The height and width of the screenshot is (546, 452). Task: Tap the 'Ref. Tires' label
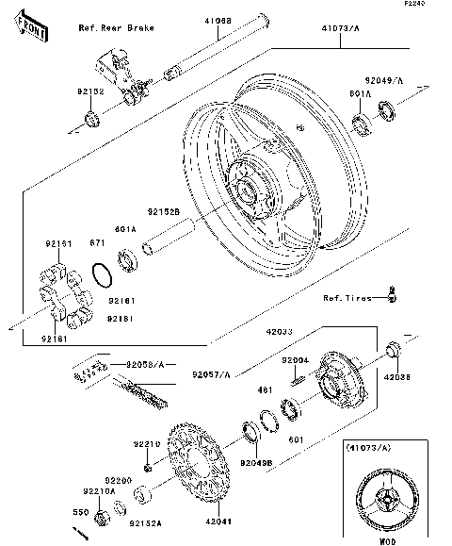pyautogui.click(x=346, y=299)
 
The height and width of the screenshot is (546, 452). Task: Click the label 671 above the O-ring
pyautogui.click(x=96, y=243)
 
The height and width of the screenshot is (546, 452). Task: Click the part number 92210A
pyautogui.click(x=99, y=491)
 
